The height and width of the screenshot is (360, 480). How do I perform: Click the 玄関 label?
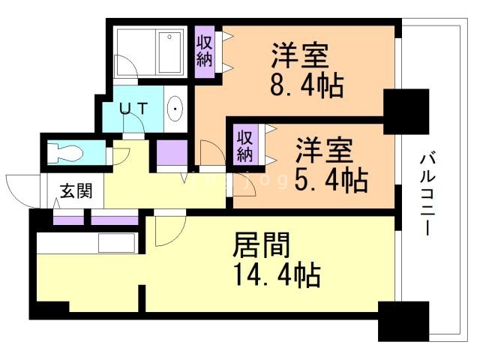tap(76, 190)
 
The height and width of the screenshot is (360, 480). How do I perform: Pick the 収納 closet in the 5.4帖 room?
tap(244, 145)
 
